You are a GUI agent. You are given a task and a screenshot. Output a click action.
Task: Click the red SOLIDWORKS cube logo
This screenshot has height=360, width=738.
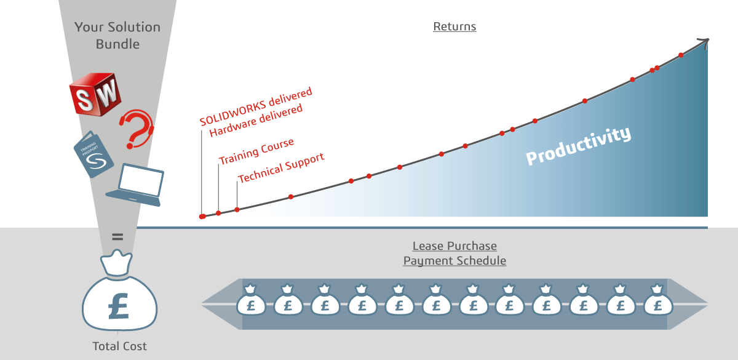pos(95,92)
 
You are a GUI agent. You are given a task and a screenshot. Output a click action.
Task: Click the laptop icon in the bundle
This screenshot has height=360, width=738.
pos(137,185)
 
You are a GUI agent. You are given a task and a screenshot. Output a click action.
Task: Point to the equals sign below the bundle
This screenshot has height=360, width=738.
pos(117,236)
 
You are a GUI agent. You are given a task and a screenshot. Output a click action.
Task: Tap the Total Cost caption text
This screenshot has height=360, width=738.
pos(119,346)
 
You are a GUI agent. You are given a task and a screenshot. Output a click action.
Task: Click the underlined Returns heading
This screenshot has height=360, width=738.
pos(454,26)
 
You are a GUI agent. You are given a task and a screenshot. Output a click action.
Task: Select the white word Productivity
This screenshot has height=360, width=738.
pos(578,145)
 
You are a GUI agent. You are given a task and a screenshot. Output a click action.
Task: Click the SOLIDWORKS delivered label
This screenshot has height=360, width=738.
pos(256,106)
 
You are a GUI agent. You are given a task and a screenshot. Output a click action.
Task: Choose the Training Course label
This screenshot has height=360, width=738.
pos(256,151)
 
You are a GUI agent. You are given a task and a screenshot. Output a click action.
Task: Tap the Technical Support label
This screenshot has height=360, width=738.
pos(281,168)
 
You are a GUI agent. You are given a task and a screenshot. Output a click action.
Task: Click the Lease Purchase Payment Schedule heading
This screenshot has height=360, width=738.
pos(454,254)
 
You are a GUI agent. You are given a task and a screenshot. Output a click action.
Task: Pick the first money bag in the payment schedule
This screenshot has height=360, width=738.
pos(250,300)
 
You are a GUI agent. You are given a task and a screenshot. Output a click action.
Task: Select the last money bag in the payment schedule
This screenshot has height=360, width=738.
pos(658,300)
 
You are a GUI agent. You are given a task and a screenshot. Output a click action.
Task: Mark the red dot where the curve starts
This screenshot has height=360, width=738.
pos(202,217)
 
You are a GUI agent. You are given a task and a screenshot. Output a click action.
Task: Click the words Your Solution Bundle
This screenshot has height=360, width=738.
pos(117,36)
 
